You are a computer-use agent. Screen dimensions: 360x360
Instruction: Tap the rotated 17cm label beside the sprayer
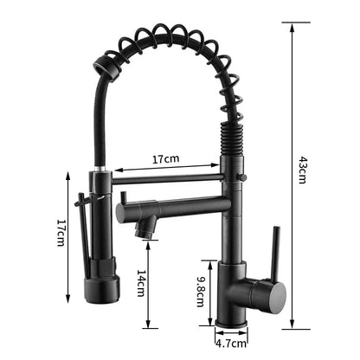tap(61, 231)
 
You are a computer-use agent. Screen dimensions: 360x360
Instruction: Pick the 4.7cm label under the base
tap(229, 343)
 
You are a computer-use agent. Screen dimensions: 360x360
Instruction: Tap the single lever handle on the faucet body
tap(276, 251)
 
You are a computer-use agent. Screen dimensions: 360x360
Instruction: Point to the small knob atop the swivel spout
tap(123, 198)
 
